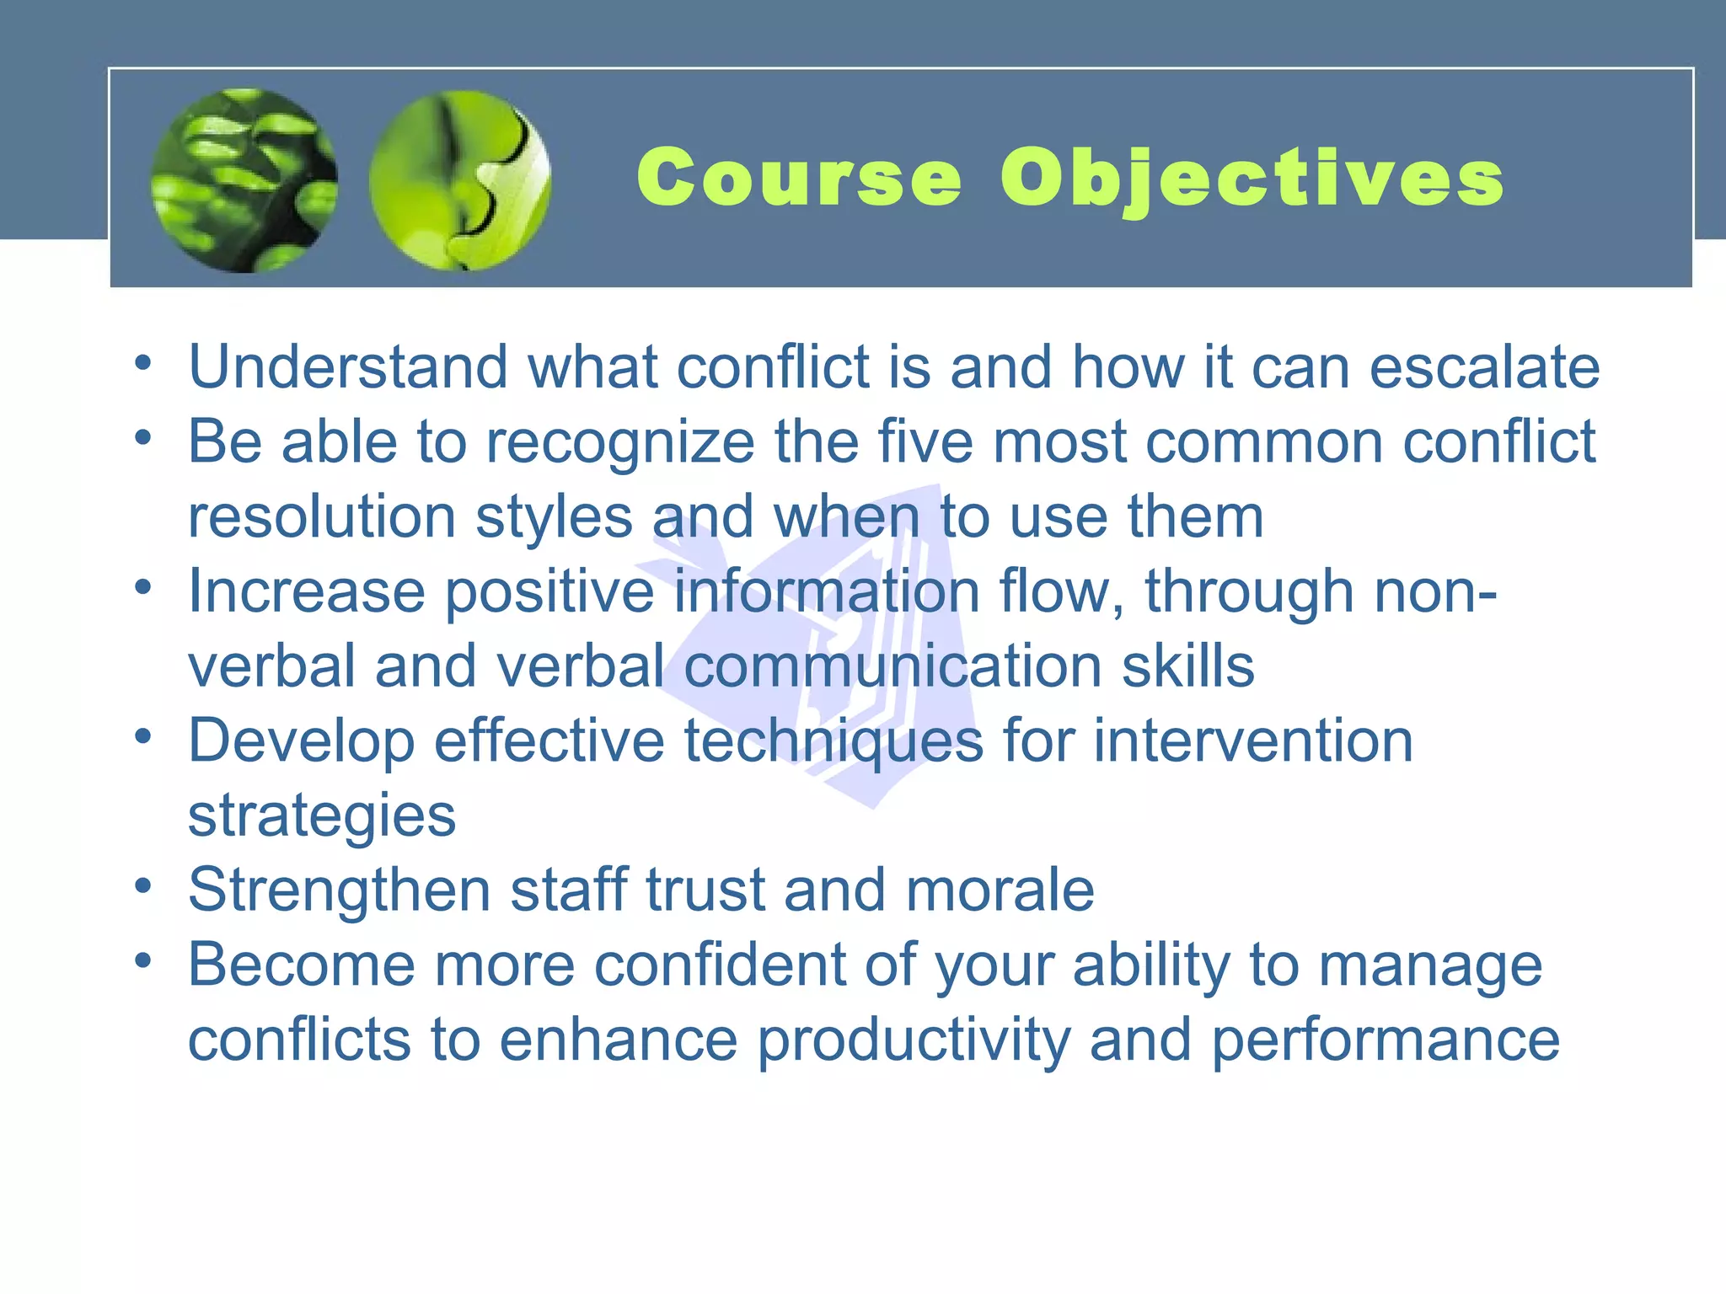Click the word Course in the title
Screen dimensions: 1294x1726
[x=798, y=177]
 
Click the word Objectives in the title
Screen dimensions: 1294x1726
[x=1252, y=179]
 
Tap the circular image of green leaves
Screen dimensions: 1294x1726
[x=244, y=180]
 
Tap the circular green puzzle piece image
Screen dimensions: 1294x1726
[x=460, y=180]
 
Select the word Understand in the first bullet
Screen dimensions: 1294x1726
[x=348, y=367]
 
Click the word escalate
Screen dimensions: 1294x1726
[x=1484, y=367]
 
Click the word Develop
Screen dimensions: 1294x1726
[x=301, y=741]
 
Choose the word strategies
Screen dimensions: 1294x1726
[x=321, y=815]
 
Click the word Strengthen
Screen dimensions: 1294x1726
[x=339, y=890]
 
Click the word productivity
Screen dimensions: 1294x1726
[x=913, y=1040]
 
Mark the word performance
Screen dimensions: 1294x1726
[x=1386, y=1040]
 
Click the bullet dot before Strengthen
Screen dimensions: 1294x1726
[x=143, y=885]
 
